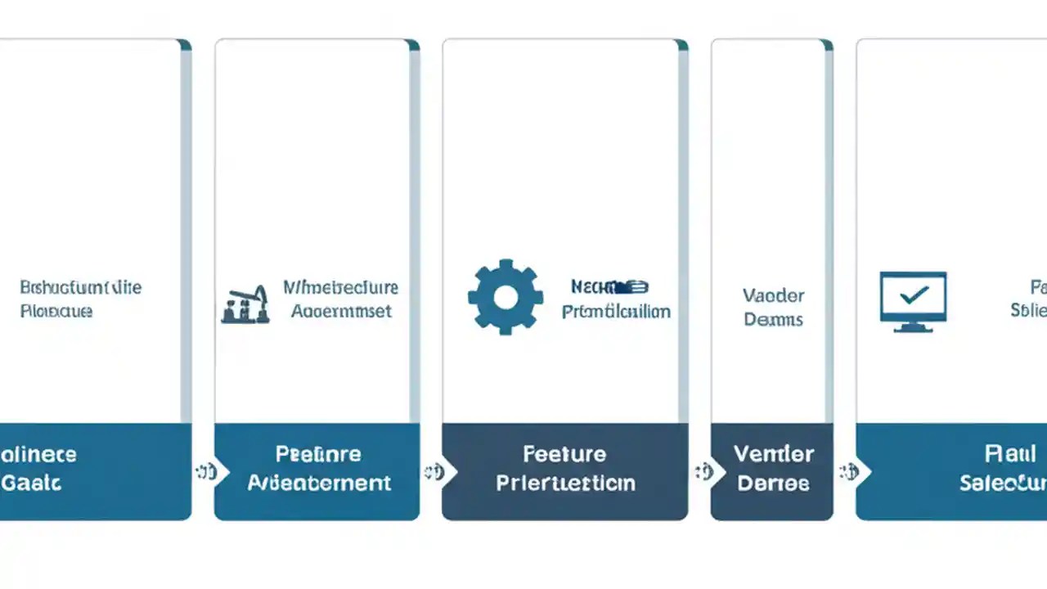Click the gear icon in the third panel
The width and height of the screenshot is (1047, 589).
(506, 298)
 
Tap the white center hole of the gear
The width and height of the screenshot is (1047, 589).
(506, 298)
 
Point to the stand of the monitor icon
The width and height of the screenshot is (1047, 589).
(913, 326)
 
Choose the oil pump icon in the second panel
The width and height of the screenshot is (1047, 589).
(245, 305)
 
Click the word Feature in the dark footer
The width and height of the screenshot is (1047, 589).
(564, 454)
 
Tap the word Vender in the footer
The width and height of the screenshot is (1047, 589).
(773, 454)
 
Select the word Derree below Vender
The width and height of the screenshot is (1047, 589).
(773, 483)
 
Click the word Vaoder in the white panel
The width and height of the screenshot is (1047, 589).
(773, 295)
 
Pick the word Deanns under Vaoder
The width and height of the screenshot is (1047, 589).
(773, 320)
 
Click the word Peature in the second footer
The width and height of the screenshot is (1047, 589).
(318, 454)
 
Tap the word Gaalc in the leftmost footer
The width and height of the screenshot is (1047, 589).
(31, 483)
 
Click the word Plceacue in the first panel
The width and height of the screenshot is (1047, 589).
(56, 312)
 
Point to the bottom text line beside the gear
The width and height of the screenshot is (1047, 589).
(616, 312)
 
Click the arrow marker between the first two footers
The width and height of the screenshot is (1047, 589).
(204, 472)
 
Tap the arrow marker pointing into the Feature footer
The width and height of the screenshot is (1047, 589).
(432, 472)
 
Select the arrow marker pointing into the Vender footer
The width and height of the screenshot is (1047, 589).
(703, 472)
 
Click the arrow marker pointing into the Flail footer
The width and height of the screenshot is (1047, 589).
(847, 472)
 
